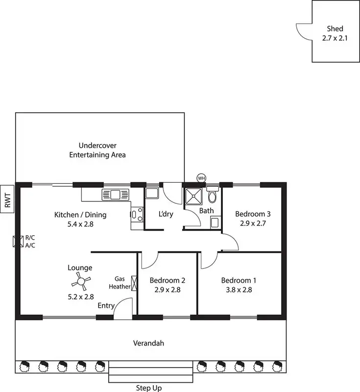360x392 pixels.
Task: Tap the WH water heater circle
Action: coord(201,178)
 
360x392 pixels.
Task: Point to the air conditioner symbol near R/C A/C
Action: coord(19,241)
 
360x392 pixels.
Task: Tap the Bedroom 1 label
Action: coord(239,281)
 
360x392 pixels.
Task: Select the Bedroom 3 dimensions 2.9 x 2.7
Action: coord(253,223)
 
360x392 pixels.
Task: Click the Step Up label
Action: coord(149,388)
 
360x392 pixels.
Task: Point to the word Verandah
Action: coord(149,343)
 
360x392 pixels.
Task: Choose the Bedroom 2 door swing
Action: coord(148,261)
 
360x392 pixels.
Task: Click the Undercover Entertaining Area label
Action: coord(97,150)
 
